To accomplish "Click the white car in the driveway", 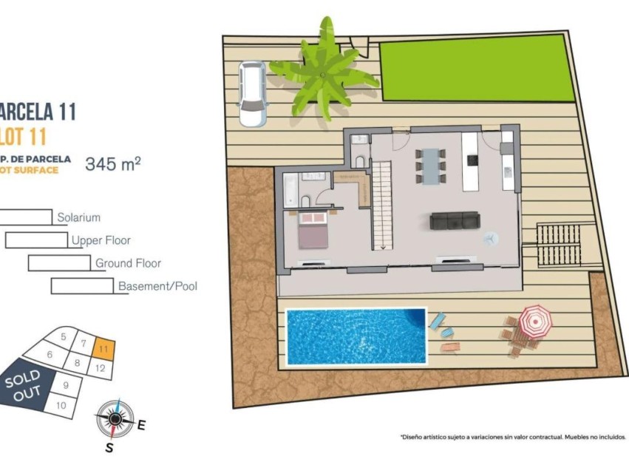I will [252, 92].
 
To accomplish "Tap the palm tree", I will [323, 72].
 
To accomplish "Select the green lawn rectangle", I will [476, 70].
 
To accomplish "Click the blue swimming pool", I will [356, 336].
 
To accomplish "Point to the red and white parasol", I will [534, 320].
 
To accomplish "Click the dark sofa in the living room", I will [455, 220].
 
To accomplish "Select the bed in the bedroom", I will [313, 229].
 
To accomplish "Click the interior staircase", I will [382, 205].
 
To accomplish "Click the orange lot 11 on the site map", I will [105, 347].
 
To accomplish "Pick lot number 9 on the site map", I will [66, 385].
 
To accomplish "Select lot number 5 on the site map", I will [64, 337].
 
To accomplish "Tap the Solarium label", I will [78, 218].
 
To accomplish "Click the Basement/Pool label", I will [157, 286].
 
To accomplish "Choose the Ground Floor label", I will [128, 263].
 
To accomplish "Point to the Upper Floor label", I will [101, 240].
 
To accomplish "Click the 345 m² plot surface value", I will [112, 164].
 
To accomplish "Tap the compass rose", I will [114, 419].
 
